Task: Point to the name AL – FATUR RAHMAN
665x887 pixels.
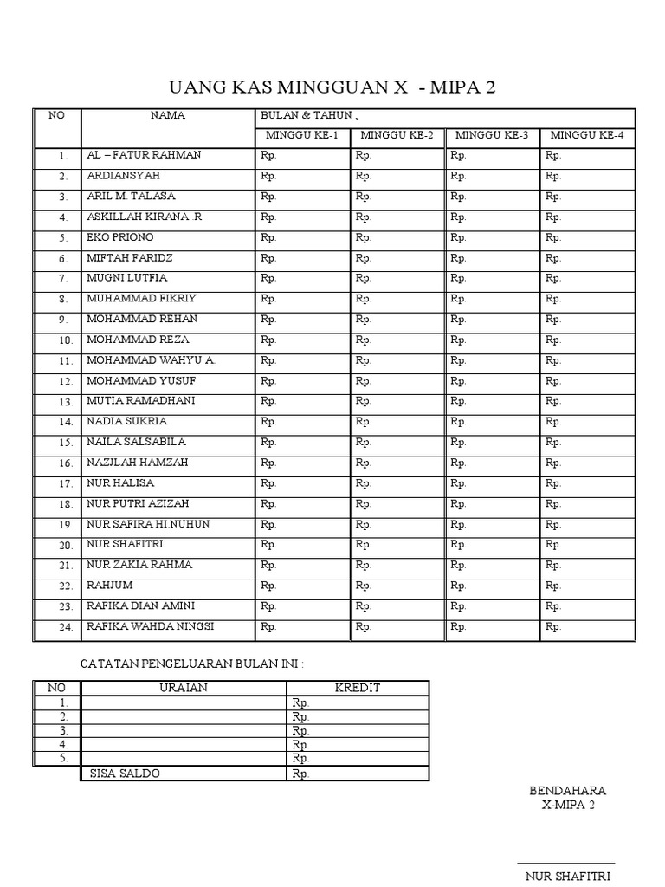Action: click(x=144, y=155)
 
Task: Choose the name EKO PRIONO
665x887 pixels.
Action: click(x=119, y=236)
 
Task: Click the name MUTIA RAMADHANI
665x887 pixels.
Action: click(x=140, y=401)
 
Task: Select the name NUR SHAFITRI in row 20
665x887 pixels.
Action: click(x=125, y=544)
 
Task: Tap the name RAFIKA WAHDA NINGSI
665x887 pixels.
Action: click(x=151, y=626)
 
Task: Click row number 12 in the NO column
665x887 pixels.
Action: click(x=63, y=381)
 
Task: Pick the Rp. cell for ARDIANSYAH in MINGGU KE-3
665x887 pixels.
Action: click(x=458, y=176)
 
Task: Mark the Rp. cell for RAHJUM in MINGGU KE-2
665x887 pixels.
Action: click(x=363, y=586)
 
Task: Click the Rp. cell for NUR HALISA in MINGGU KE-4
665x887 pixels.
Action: click(x=553, y=483)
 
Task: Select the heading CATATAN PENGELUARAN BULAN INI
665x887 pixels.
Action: click(x=192, y=664)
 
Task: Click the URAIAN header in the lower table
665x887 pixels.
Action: click(x=184, y=688)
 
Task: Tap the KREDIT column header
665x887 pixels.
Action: click(x=358, y=688)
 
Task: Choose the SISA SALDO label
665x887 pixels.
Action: click(x=125, y=774)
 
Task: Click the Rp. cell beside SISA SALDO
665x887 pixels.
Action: click(x=301, y=774)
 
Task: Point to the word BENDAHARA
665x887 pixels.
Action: click(x=567, y=791)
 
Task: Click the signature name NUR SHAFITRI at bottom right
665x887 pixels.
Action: click(x=567, y=876)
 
